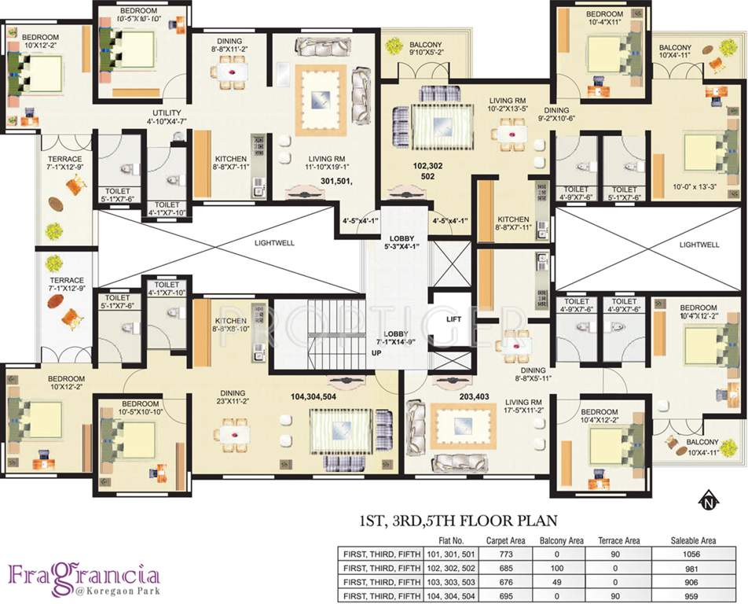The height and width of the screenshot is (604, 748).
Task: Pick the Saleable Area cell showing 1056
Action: coord(691,554)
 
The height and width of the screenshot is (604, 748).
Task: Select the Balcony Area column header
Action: coord(560,540)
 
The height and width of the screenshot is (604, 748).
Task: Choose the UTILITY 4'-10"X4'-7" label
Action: coord(167,117)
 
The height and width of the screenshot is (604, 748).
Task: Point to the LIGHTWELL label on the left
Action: coord(274,243)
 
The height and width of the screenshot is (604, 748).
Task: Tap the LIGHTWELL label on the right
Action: coord(699,245)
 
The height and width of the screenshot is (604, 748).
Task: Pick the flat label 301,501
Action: coord(335,181)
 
